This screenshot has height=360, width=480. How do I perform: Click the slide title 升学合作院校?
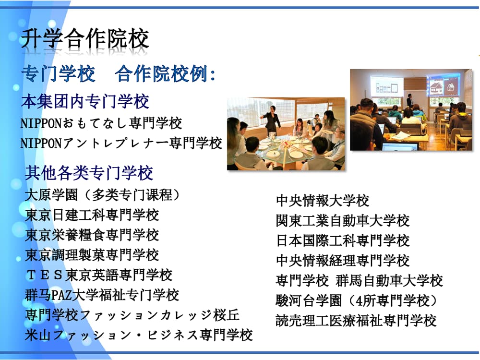click(x=85, y=39)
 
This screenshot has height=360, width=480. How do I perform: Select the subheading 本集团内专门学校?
click(x=85, y=101)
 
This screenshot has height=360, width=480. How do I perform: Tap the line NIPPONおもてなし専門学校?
click(x=101, y=123)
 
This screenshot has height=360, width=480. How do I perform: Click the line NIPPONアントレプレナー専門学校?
click(x=121, y=143)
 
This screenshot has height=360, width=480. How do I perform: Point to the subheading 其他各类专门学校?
click(x=89, y=173)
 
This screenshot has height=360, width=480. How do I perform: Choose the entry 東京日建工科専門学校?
click(x=92, y=215)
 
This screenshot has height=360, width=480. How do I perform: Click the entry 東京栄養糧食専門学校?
click(x=92, y=235)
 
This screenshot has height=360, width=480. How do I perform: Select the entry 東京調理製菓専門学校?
click(x=92, y=255)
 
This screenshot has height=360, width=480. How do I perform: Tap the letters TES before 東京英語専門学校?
click(x=45, y=275)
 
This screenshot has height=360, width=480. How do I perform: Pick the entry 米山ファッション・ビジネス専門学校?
click(x=139, y=335)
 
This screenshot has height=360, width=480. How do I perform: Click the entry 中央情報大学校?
click(x=323, y=201)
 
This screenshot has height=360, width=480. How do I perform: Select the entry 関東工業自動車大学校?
click(x=343, y=221)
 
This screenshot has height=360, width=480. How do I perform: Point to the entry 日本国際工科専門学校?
click(x=343, y=240)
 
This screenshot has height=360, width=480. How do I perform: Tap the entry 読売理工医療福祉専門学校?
click(x=356, y=321)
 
